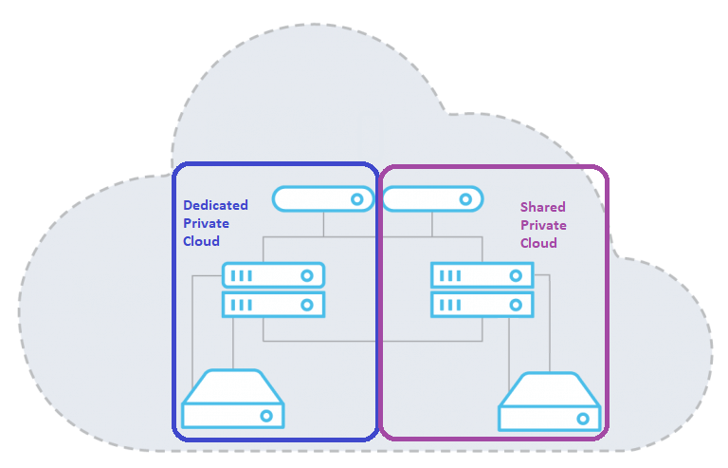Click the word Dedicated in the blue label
click(215, 205)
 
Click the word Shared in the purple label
click(542, 207)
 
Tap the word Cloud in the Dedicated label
click(201, 241)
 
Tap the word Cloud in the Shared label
click(538, 243)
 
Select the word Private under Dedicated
click(206, 223)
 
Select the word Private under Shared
click(543, 225)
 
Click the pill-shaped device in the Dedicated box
click(322, 199)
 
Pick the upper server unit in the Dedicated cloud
click(274, 275)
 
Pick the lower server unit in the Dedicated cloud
click(274, 305)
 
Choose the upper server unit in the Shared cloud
click(482, 275)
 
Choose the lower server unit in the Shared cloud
click(482, 305)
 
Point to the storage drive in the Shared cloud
click(550, 402)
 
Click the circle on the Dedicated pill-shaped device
click(357, 199)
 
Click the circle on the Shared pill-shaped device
click(464, 199)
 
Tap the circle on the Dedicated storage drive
click(266, 416)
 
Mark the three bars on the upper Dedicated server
click(243, 275)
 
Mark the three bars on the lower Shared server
click(451, 305)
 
